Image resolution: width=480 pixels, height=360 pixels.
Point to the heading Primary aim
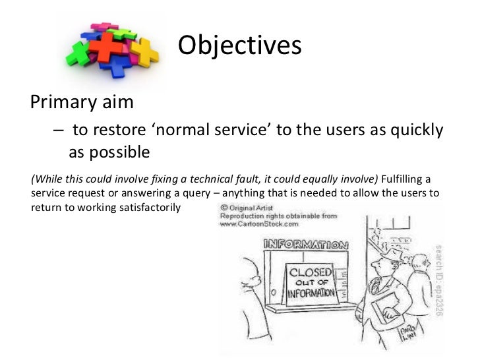82,102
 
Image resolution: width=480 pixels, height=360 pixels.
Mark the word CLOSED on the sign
310,272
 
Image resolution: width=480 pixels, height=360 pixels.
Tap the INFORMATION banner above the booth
305,245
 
